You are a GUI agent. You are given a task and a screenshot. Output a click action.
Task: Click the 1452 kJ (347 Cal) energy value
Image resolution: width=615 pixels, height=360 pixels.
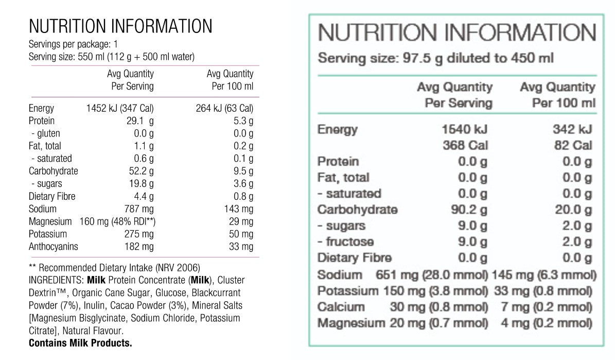[x=120, y=109]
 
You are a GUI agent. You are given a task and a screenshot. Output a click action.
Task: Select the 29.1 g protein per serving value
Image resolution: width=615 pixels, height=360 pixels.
[x=141, y=121]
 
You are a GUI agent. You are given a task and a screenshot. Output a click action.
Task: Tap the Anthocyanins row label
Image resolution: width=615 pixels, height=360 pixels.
[x=54, y=247]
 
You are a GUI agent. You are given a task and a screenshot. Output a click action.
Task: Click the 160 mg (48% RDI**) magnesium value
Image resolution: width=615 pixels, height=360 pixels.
[x=118, y=221]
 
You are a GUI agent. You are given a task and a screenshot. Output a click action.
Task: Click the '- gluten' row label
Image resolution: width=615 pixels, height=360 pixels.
[x=45, y=134]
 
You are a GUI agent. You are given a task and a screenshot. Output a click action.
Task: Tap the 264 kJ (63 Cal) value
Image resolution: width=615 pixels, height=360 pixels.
[x=224, y=109]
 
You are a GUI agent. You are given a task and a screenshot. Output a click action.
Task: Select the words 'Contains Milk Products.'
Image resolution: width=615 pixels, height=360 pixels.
[x=80, y=343]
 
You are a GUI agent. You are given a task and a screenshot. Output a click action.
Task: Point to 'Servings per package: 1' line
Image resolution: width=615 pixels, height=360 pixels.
[x=74, y=44]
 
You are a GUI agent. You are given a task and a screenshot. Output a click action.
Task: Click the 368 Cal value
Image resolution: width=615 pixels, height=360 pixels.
[x=465, y=145]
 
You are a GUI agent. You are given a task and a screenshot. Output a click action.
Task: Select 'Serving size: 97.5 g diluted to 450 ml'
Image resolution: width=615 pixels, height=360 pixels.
[x=435, y=58]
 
